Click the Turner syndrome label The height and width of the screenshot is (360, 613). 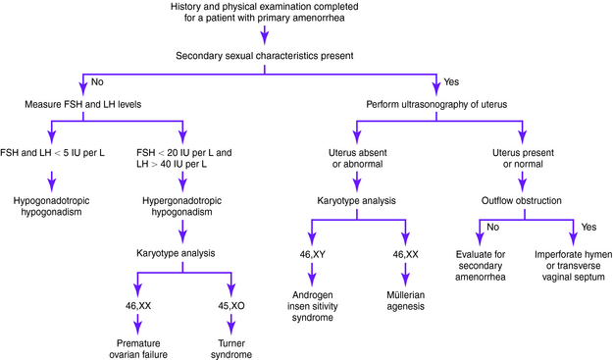[x=230, y=348]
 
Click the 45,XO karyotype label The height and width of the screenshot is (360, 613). [x=230, y=307]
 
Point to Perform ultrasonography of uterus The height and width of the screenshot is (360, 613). [x=436, y=104]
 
